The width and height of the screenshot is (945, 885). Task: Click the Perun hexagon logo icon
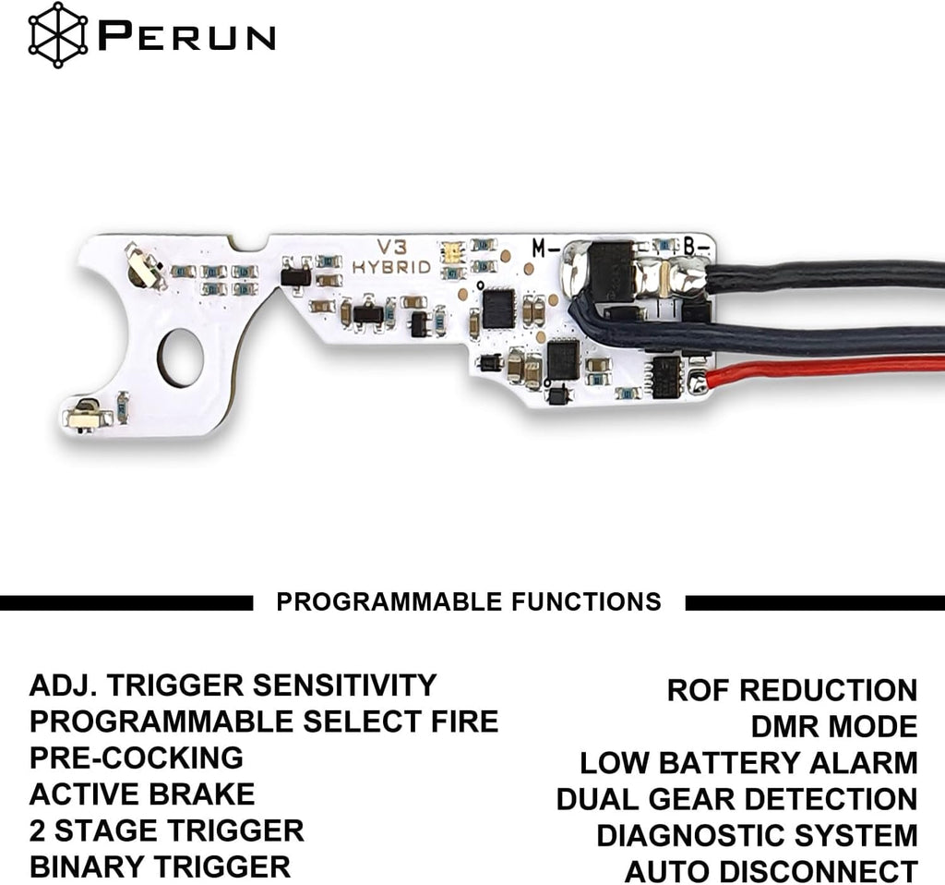pyautogui.click(x=58, y=35)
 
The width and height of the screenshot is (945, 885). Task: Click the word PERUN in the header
pyautogui.click(x=186, y=36)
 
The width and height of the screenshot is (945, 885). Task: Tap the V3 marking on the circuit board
pyautogui.click(x=392, y=247)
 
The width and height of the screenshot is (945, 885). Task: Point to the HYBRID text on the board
pyautogui.click(x=391, y=267)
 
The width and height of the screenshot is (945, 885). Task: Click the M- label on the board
pyautogui.click(x=546, y=248)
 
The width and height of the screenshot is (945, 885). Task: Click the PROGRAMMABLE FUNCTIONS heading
pyautogui.click(x=469, y=602)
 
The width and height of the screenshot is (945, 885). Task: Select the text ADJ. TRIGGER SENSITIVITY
pyautogui.click(x=233, y=685)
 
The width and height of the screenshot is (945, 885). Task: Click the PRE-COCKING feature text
pyautogui.click(x=137, y=758)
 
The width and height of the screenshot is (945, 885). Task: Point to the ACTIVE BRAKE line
pyautogui.click(x=142, y=794)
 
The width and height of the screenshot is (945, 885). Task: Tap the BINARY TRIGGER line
pyautogui.click(x=160, y=867)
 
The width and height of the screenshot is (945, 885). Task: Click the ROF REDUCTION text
pyautogui.click(x=792, y=690)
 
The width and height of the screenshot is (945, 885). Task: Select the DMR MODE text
pyautogui.click(x=834, y=726)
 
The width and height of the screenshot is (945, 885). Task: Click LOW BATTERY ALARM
pyautogui.click(x=748, y=763)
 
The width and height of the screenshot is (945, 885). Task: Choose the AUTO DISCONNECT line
pyautogui.click(x=771, y=872)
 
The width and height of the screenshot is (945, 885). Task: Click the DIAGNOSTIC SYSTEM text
pyautogui.click(x=757, y=835)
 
